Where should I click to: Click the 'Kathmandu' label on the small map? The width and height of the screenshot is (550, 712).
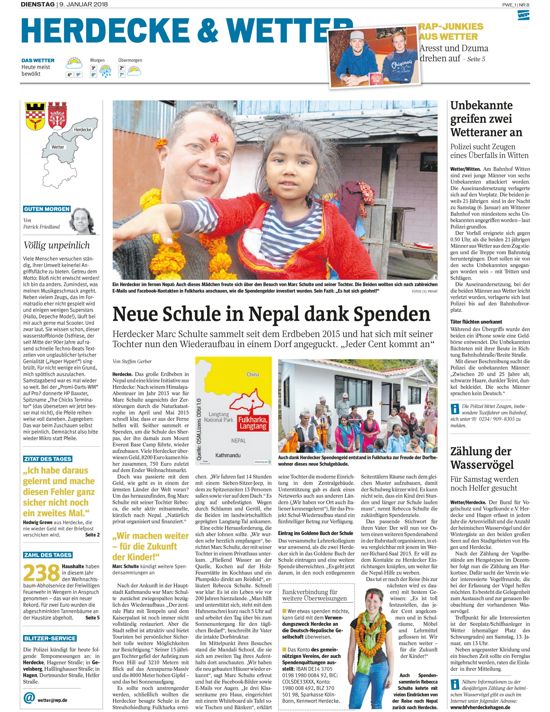[228, 455]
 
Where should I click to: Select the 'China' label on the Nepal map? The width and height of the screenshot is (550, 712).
[253, 374]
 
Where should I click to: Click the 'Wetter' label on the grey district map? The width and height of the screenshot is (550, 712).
[58, 147]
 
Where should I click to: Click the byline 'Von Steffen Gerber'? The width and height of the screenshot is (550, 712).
[132, 361]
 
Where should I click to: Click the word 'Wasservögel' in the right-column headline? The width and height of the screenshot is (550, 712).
[482, 464]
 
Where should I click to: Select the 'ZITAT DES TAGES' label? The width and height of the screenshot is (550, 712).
[48, 459]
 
